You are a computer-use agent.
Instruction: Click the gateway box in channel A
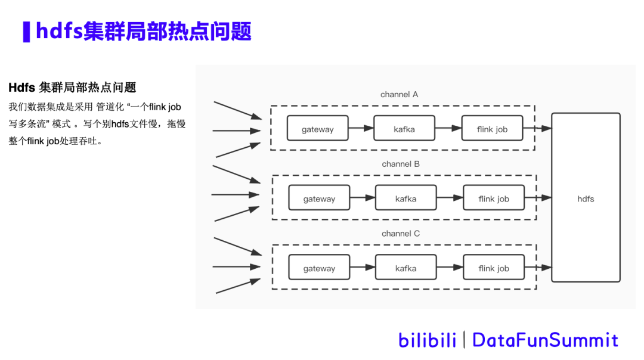[317, 128]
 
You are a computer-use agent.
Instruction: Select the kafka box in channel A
[404, 128]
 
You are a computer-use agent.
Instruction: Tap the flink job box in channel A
[492, 128]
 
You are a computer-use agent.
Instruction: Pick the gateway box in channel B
[319, 198]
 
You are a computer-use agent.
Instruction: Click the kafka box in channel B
[406, 198]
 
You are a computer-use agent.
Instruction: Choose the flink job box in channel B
[494, 198]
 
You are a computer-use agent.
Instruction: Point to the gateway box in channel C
[319, 268]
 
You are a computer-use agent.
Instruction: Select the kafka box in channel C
[406, 268]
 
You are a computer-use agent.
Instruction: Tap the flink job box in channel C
[494, 268]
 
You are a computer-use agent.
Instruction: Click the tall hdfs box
[586, 198]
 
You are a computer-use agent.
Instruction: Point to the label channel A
[400, 94]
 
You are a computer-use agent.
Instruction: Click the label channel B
[401, 164]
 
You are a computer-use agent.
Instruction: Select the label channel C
[401, 234]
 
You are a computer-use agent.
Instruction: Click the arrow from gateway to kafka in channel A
[361, 128]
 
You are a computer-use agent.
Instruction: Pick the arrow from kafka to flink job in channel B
[450, 198]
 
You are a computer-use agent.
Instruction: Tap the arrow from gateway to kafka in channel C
[363, 268]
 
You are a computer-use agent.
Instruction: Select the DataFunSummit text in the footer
[545, 340]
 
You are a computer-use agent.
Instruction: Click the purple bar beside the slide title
[26, 32]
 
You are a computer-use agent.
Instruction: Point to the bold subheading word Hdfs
[21, 88]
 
